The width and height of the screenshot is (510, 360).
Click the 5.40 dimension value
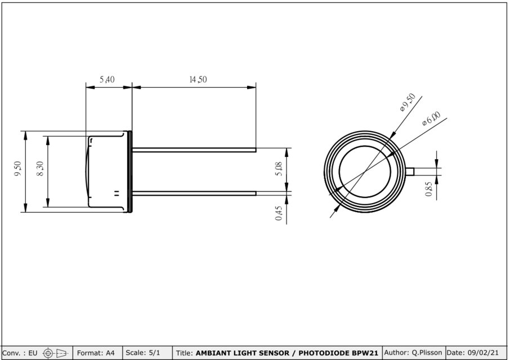pos(107,80)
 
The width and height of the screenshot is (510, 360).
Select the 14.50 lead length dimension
pos(198,80)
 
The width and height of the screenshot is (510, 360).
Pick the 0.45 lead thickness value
pos(279,213)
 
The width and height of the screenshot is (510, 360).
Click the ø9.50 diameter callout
pos(408,102)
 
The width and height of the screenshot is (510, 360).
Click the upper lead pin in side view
pos(194,150)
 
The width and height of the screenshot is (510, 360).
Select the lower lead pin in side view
pos(194,193)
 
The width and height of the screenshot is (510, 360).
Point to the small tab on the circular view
pos(410,172)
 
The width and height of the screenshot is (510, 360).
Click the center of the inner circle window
pos(365,172)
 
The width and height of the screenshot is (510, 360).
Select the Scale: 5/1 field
pos(143,353)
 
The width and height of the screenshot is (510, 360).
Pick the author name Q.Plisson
pos(413,353)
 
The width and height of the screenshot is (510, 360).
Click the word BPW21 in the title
pos(365,353)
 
